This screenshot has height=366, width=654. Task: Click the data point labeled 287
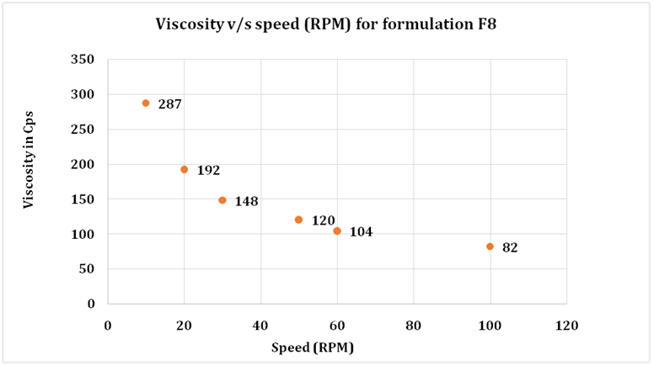(x=146, y=103)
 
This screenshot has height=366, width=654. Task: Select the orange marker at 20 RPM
(x=184, y=169)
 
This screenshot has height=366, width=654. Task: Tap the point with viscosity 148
(x=222, y=200)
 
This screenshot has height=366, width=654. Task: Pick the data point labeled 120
(x=298, y=220)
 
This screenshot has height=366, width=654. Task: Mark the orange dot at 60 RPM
(x=337, y=231)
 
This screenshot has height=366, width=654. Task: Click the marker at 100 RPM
(x=490, y=247)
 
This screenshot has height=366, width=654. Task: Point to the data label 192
(x=208, y=170)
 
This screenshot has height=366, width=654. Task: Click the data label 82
(x=509, y=248)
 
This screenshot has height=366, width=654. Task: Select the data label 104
(x=361, y=231)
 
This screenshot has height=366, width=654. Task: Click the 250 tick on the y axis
(x=83, y=129)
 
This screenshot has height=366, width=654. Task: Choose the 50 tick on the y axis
(x=86, y=268)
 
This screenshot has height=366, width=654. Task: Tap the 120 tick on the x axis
(x=566, y=324)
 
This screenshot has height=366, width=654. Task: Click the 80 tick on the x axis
(x=413, y=324)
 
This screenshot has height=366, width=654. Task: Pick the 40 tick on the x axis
(x=260, y=324)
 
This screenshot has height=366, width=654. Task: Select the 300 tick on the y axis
(x=83, y=94)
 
